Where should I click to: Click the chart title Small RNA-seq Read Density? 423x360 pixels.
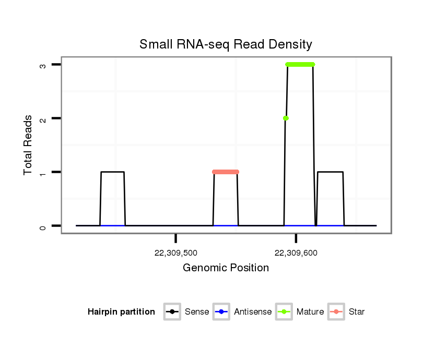(226, 44)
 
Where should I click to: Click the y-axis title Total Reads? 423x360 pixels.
(28, 145)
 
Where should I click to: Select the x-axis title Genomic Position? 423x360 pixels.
(226, 268)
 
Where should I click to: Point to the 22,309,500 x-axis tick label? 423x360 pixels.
(176, 254)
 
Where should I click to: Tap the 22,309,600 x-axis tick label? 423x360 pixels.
(296, 254)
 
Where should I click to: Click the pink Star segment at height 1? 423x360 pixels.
(226, 172)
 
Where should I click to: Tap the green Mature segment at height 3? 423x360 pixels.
(300, 64)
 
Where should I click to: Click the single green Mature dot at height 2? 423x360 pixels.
(286, 118)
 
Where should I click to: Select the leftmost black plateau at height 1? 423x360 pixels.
(112, 172)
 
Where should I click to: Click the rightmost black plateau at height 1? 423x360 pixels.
(330, 172)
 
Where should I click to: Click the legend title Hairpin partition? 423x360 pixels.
(121, 312)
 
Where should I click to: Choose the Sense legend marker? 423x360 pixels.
(172, 312)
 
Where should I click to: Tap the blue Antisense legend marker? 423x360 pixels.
(221, 312)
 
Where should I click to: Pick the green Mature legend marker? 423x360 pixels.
(284, 312)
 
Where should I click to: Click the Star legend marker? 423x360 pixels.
(336, 312)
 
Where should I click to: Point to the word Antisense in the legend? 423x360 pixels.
(253, 312)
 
